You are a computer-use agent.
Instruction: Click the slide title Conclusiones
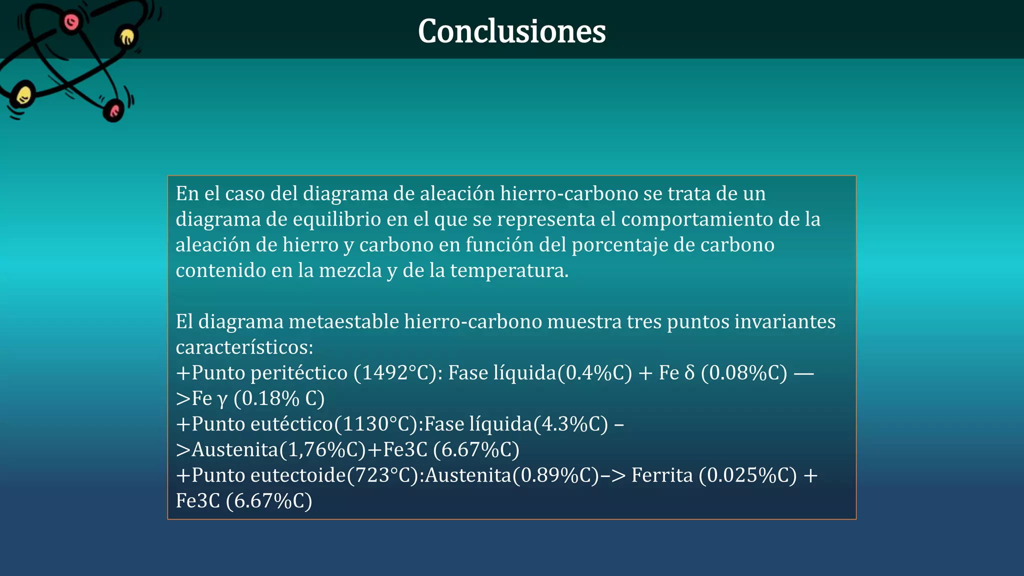coord(511,31)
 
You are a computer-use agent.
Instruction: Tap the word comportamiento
coord(697,219)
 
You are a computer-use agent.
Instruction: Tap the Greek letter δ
coord(689,373)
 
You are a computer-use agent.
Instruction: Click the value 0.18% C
coord(279,398)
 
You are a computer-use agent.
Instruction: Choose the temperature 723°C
coord(385,475)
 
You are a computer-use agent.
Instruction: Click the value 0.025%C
coord(747,475)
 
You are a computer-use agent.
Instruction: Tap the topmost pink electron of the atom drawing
coord(71,21)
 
